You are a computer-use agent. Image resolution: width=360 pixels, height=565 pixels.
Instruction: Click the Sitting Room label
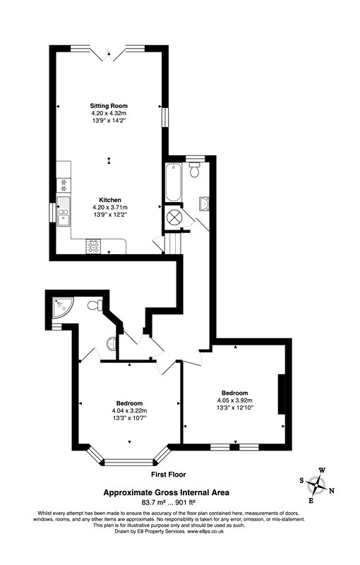pyautogui.click(x=108, y=105)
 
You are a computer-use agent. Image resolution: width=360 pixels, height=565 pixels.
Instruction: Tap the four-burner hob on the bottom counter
pyautogui.click(x=94, y=246)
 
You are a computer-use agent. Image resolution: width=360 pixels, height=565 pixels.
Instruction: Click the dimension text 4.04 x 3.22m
pyautogui.click(x=128, y=410)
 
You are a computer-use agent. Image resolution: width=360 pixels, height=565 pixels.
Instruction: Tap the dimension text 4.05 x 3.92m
pyautogui.click(x=234, y=400)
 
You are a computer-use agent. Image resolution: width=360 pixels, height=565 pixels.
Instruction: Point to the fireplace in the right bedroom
pyautogui.click(x=282, y=395)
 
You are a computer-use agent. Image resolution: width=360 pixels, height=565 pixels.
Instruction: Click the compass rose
pyautogui.click(x=321, y=485)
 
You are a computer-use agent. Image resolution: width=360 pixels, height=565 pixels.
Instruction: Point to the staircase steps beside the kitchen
pyautogui.click(x=172, y=244)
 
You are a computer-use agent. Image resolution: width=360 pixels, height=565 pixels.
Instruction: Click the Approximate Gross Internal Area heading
pyautogui.click(x=167, y=492)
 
